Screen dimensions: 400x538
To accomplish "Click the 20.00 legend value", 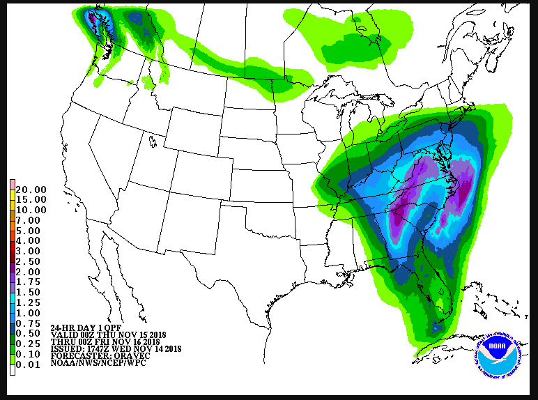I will point(31,190).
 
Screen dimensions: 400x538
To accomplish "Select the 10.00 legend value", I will point(31,210).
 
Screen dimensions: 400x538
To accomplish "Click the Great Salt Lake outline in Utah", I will point(153,141).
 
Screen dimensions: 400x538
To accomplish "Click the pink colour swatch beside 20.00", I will point(12,185).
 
